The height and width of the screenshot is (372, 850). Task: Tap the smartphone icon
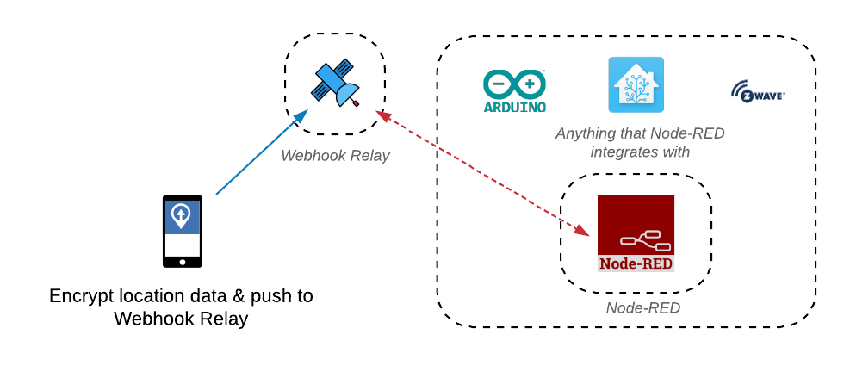(182, 231)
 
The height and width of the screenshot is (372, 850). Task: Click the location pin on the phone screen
(181, 215)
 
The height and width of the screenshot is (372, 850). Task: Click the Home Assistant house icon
(636, 84)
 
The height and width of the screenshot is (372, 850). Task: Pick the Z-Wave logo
(758, 91)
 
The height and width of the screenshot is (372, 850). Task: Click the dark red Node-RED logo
(636, 232)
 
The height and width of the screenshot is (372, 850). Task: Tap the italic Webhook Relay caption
(335, 156)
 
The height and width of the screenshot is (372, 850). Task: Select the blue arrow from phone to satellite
(260, 153)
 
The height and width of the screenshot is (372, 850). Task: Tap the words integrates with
(640, 152)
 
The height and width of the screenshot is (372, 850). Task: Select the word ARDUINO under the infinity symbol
(514, 108)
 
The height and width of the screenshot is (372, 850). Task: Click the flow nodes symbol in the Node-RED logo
(646, 240)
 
